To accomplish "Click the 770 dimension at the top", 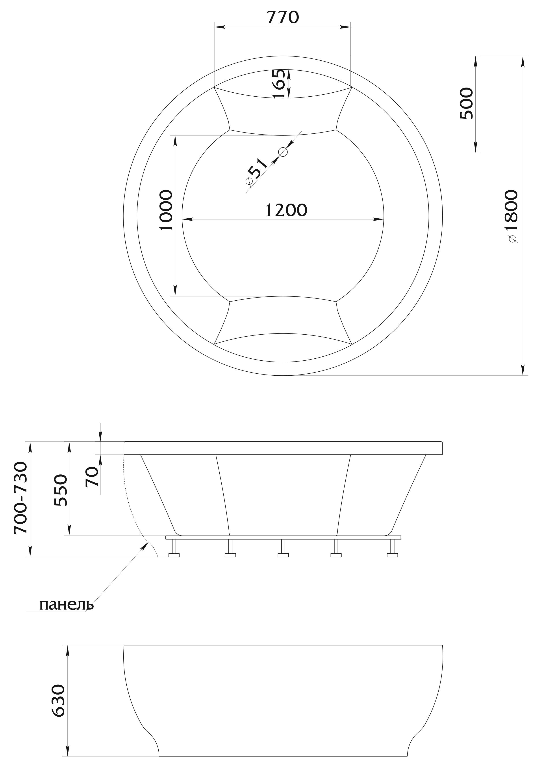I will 283,17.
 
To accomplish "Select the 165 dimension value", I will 279,84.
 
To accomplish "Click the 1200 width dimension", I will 286,210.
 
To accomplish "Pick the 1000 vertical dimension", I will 166,210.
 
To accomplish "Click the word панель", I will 67,605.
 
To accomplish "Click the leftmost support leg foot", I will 174,555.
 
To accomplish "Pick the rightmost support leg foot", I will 392,555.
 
